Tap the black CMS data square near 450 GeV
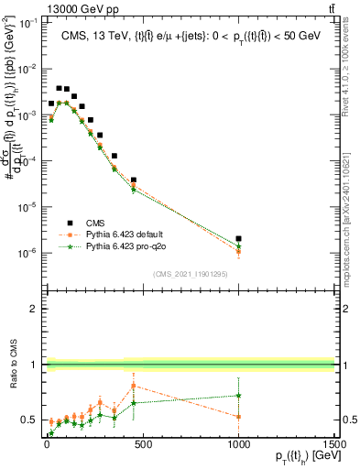point(134,180)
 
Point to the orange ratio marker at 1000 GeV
point(238,417)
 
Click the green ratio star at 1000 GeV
point(238,396)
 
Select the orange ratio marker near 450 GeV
point(134,386)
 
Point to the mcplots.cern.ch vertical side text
point(352,229)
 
